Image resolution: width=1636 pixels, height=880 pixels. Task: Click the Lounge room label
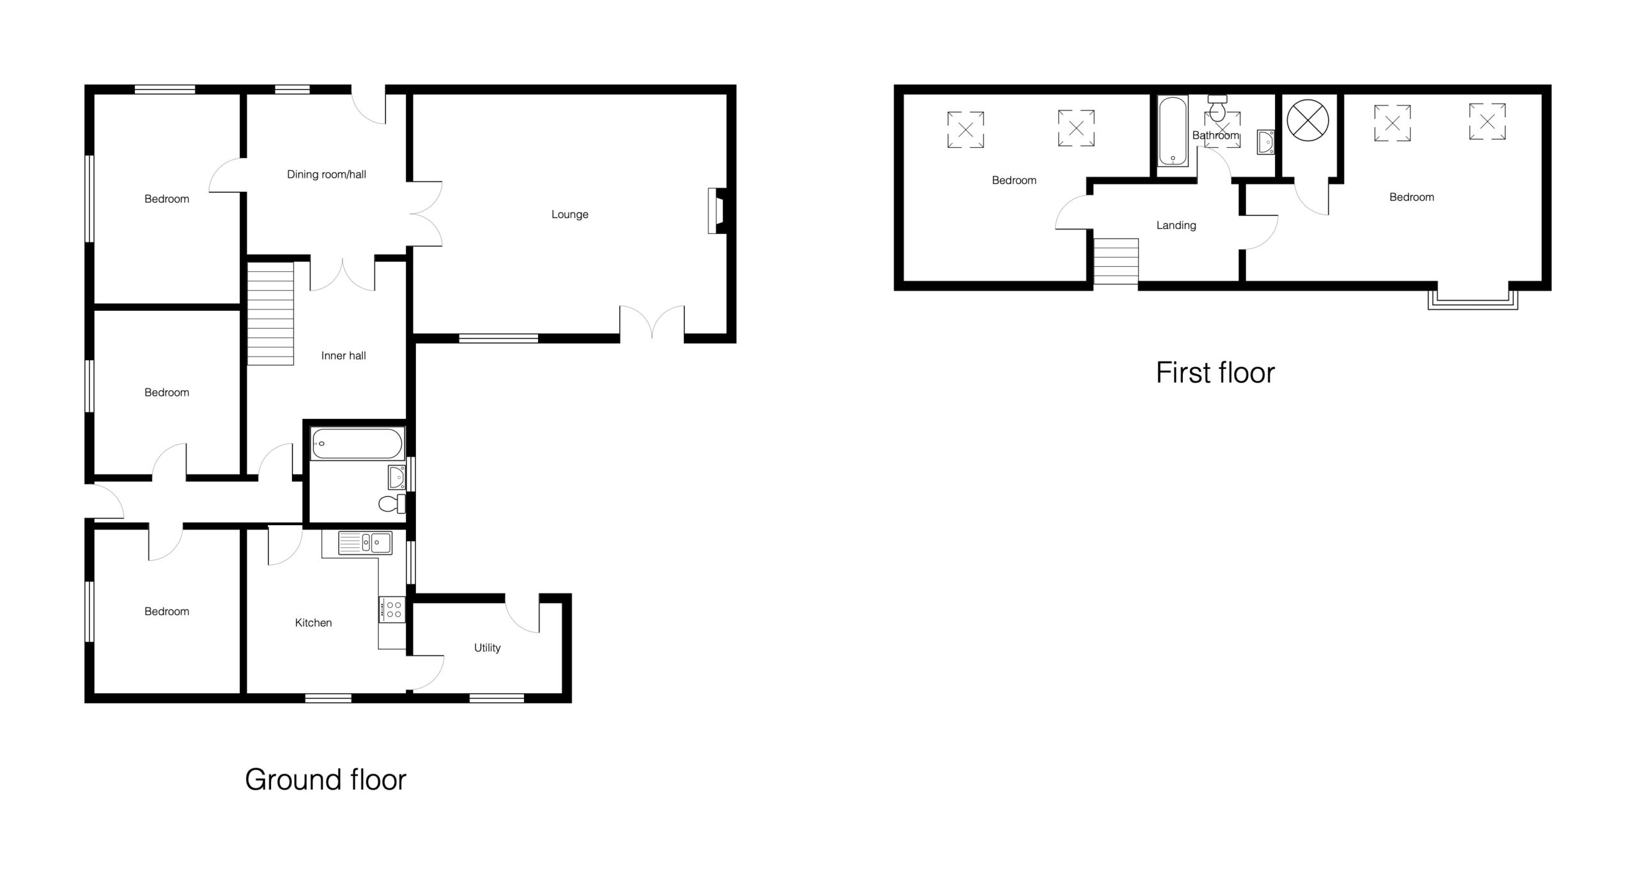click(569, 214)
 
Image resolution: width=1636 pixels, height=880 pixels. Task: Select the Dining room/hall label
click(327, 175)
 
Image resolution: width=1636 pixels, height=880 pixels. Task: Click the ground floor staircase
click(270, 313)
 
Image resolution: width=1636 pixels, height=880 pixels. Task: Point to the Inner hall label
click(343, 356)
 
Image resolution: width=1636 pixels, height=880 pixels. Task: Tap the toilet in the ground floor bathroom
click(392, 504)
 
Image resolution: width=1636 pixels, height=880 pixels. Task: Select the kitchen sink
click(366, 543)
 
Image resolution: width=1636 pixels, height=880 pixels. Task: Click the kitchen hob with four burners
click(392, 609)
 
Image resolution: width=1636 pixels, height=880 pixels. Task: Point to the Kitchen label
click(313, 623)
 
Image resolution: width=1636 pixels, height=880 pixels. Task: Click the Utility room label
click(487, 648)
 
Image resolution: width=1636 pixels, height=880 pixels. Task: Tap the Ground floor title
click(325, 780)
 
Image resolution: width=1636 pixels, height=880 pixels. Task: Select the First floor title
click(1215, 373)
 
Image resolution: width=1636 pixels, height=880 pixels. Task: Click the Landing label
click(1176, 226)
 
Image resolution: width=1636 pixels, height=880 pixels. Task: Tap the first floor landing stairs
click(1116, 262)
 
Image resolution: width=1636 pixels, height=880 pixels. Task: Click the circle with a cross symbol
click(1308, 120)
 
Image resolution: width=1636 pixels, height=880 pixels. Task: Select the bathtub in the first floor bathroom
click(1173, 131)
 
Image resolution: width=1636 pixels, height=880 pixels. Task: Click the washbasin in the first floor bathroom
click(1265, 142)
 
